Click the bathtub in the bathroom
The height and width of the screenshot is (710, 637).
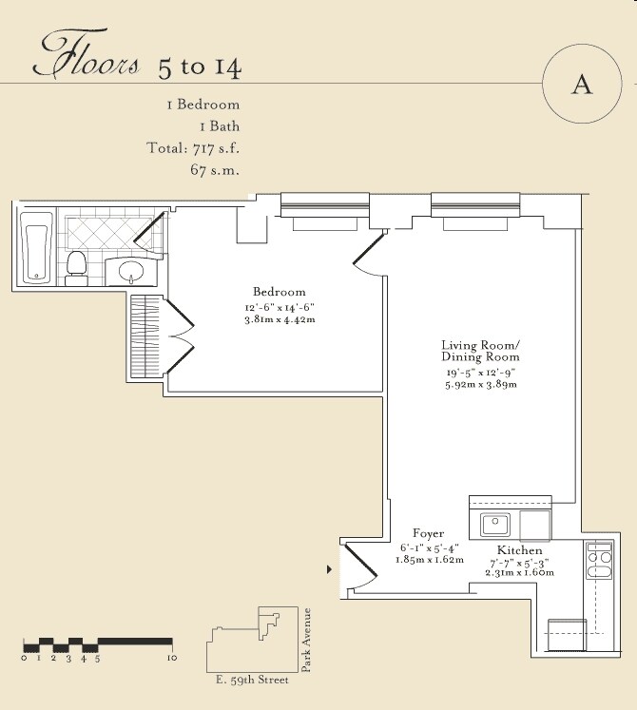point(36,248)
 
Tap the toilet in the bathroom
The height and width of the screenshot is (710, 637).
point(76,268)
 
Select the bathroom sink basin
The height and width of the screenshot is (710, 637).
point(131,272)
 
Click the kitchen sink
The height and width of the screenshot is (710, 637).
point(495,525)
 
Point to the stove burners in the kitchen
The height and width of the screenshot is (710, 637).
point(599,561)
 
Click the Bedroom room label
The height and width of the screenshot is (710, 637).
point(280,292)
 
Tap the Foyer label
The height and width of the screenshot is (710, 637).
point(428,533)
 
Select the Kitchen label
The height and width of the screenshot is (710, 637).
point(520,550)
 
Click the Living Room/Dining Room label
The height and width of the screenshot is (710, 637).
point(481,351)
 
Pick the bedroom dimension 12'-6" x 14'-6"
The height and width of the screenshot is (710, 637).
point(280,307)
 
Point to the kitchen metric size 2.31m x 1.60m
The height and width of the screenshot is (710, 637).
point(520,572)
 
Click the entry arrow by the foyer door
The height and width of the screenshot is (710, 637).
point(329,569)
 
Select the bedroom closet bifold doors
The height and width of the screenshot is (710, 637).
point(180,336)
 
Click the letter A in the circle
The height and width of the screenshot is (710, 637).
point(582,85)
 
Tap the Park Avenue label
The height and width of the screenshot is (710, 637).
point(306,640)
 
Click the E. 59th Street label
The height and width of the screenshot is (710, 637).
point(252,680)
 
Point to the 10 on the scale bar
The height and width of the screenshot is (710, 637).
point(172,658)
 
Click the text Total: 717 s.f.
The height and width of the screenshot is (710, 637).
point(193,148)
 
